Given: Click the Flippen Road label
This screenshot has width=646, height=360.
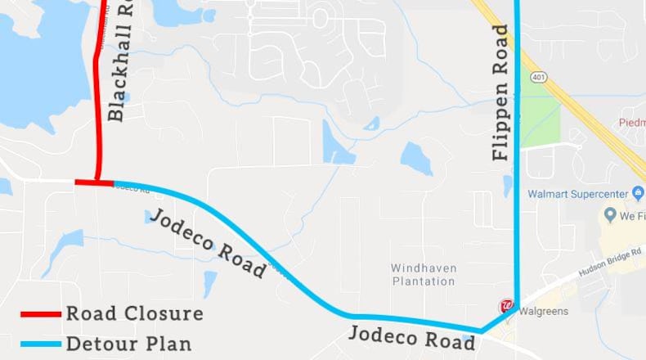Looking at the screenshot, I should (500, 92).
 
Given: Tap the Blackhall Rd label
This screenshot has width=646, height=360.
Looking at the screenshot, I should (120, 61).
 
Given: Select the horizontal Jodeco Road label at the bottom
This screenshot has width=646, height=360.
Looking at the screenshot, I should (411, 337).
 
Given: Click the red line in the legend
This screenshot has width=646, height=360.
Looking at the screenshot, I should (41, 314).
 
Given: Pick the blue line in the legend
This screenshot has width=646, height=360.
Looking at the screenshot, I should (41, 344).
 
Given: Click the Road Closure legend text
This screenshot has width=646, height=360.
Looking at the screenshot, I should (134, 314).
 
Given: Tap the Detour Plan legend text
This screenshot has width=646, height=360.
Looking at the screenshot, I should (128, 344).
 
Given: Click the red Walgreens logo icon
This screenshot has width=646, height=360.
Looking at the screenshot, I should (506, 307).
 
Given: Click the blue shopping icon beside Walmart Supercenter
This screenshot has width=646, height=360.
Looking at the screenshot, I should (637, 193).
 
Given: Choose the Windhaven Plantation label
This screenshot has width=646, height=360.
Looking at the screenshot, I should (423, 275).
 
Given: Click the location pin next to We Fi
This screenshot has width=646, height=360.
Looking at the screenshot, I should (609, 215).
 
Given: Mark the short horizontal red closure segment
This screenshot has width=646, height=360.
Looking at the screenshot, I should (94, 183).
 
